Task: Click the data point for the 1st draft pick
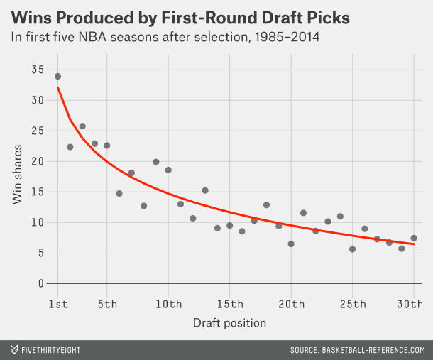pyautogui.click(x=57, y=76)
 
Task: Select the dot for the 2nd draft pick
pyautogui.click(x=70, y=147)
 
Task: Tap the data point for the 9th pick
pyautogui.click(x=156, y=162)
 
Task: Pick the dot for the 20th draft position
pyautogui.click(x=291, y=244)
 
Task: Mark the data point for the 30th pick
pyautogui.click(x=414, y=238)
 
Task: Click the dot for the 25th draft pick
pyautogui.click(x=352, y=249)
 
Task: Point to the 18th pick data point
pyautogui.click(x=266, y=204)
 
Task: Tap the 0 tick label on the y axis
pyautogui.click(x=41, y=283)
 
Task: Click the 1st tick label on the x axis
pyautogui.click(x=57, y=305)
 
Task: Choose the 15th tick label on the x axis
pyautogui.click(x=229, y=305)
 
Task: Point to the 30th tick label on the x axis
pyautogui.click(x=412, y=305)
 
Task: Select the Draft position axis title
pyautogui.click(x=229, y=323)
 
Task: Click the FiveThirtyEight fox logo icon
pyautogui.click(x=13, y=350)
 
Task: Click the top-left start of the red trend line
pyautogui.click(x=57, y=87)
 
